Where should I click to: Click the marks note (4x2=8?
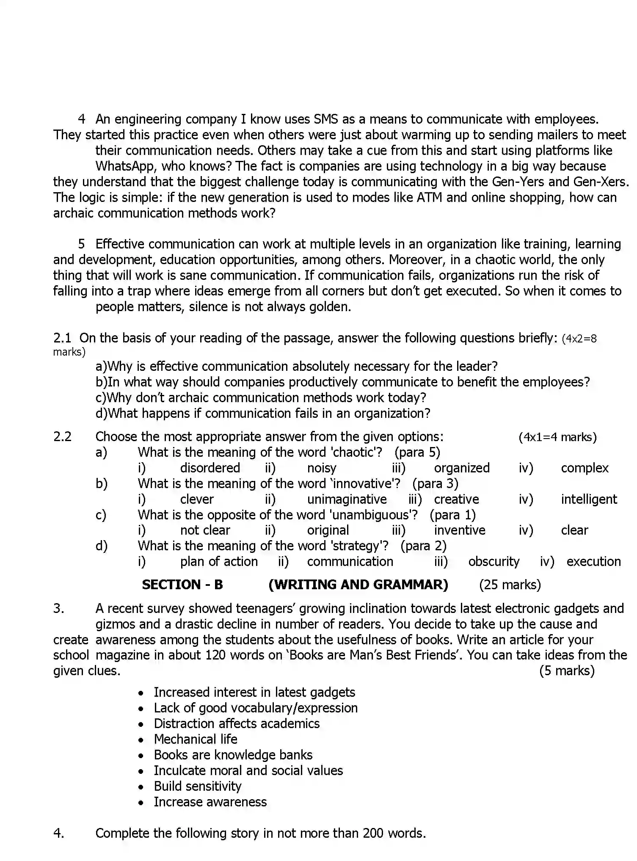click(x=579, y=339)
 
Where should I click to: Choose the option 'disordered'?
click(x=210, y=468)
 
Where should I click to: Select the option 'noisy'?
click(x=322, y=468)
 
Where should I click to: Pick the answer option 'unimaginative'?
click(x=347, y=499)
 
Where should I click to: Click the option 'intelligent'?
click(x=589, y=499)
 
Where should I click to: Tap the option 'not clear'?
click(x=205, y=530)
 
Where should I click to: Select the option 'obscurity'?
click(x=494, y=561)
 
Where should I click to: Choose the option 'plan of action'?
click(x=219, y=561)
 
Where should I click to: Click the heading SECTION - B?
click(x=182, y=585)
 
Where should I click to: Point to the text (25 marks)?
click(x=510, y=585)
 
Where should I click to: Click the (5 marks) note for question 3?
click(x=567, y=671)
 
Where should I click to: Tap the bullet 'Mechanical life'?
click(x=195, y=739)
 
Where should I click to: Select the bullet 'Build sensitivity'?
click(x=197, y=786)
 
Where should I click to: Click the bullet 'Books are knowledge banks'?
click(x=233, y=755)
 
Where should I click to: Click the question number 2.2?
click(x=62, y=436)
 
